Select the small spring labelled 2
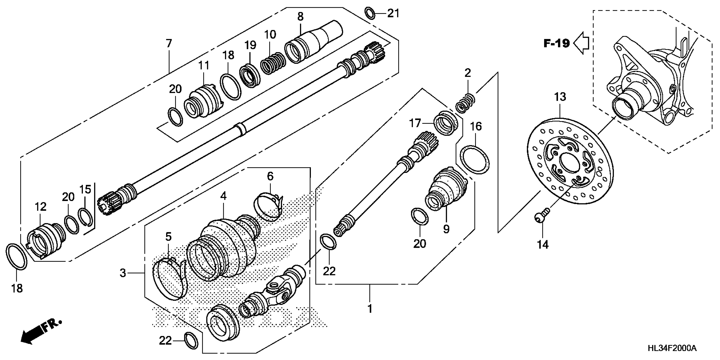click(x=465, y=103)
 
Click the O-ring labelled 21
click(x=370, y=13)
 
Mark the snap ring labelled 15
click(x=86, y=217)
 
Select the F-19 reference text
click(x=557, y=44)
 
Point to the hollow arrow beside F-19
click(x=581, y=44)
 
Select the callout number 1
click(x=370, y=309)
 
